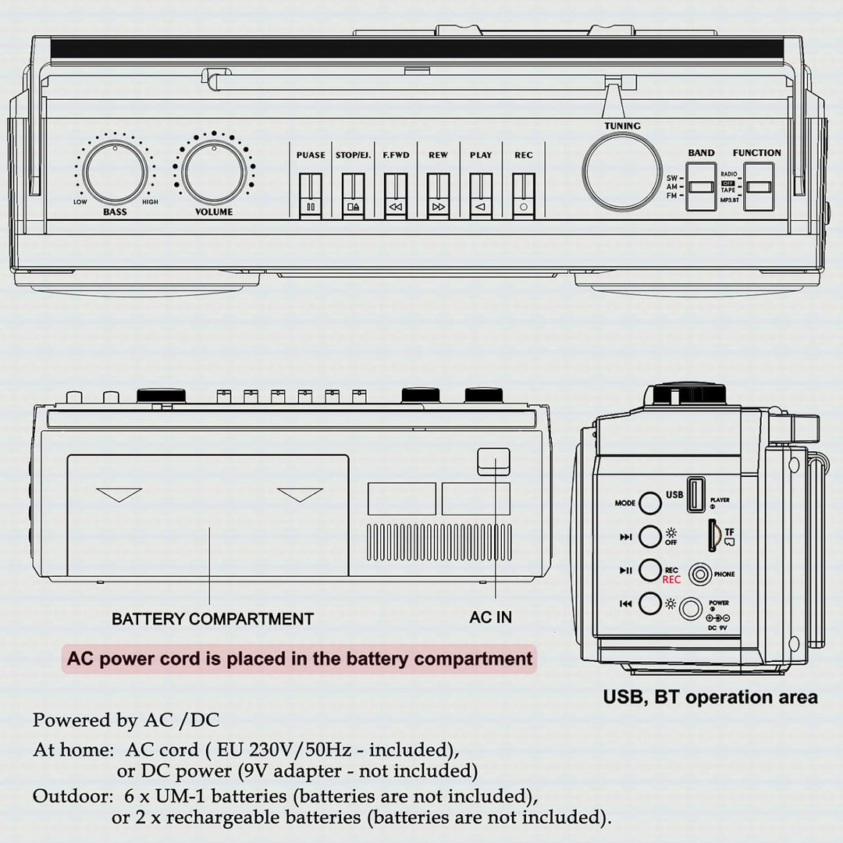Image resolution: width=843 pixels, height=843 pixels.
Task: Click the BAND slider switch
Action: [701, 187]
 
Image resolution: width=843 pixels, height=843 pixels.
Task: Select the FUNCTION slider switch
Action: [758, 187]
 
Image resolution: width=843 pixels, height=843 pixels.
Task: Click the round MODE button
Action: [650, 503]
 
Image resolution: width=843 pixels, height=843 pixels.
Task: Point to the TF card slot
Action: [713, 535]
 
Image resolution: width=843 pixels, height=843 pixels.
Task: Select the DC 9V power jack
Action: [691, 608]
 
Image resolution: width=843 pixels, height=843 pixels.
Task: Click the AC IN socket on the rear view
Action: [493, 461]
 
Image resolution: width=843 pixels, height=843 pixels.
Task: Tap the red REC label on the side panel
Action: [671, 579]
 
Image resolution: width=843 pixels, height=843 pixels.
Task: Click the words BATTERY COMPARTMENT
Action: [212, 619]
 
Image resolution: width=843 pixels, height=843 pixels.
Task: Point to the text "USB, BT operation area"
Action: [710, 696]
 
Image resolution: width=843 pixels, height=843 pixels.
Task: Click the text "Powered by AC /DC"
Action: [126, 720]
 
